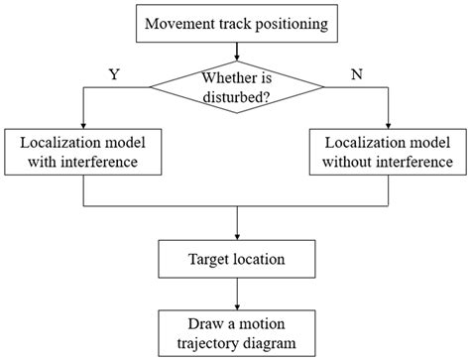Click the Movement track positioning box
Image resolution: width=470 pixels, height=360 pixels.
coord(236,21)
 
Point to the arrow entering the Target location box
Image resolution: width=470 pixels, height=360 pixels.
coord(236,227)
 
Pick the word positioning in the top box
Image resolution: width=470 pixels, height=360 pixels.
coord(287,21)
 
